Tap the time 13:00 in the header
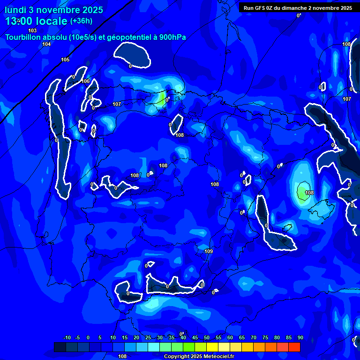tap(19, 21)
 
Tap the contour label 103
tap(32, 30)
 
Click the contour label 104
tap(46, 45)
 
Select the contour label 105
tap(65, 60)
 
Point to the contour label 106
tap(85, 81)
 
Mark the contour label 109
tap(209, 252)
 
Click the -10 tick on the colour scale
tap(67, 337)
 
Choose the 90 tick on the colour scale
tap(300, 337)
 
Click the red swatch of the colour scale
tap(294, 347)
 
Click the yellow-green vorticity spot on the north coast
tap(162, 98)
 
